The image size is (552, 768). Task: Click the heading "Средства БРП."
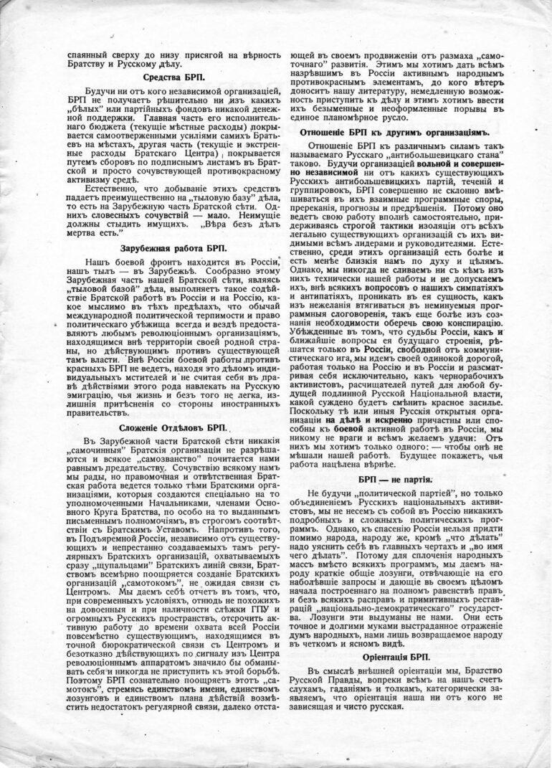click(x=173, y=77)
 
